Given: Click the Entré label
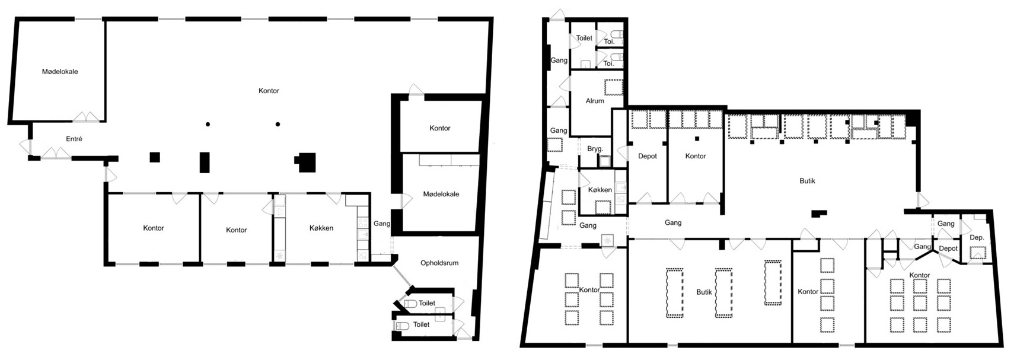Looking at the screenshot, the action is click(x=74, y=139).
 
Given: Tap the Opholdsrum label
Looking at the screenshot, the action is click(x=439, y=263).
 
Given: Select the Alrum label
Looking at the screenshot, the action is click(x=595, y=101).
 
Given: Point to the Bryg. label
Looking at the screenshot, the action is click(x=595, y=149).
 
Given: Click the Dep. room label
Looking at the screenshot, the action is click(x=977, y=237).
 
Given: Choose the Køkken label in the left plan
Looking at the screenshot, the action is click(x=321, y=228).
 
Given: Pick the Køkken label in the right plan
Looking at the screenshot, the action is click(x=600, y=190).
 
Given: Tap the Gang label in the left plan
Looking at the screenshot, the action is click(x=382, y=224).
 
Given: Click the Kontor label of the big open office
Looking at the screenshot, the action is click(x=269, y=91).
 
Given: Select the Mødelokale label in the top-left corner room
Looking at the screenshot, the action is click(x=60, y=72).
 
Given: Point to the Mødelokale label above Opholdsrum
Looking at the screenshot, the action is click(x=441, y=194).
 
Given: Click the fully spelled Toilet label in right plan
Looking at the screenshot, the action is click(x=584, y=38).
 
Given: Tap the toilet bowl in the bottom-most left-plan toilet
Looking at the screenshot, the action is click(x=402, y=326).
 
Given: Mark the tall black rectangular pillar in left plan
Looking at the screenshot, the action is click(x=205, y=163).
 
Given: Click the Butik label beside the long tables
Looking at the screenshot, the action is click(x=704, y=292).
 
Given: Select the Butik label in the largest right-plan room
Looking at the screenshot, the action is click(x=807, y=181).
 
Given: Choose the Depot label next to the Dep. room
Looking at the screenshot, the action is click(x=948, y=249).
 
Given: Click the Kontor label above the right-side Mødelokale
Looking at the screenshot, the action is click(x=440, y=128).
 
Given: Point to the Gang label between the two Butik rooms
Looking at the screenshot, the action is click(x=673, y=223).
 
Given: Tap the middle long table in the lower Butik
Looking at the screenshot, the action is click(x=723, y=293).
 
